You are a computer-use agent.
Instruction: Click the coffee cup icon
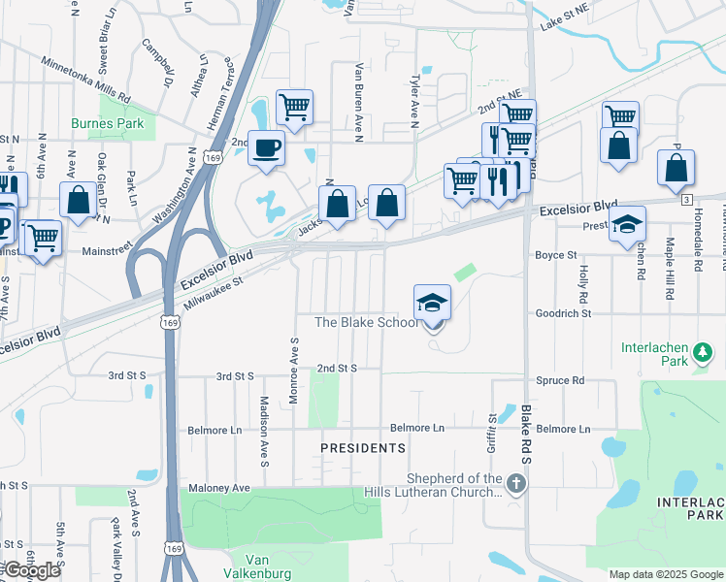pos(266,148)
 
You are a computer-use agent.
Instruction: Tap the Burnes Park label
pos(107,124)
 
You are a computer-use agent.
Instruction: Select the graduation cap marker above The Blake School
pos(432,303)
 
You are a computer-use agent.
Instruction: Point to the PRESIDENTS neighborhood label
pos(364,448)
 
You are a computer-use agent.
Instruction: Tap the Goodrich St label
pos(563,314)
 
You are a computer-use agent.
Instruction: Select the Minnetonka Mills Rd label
pos(85,80)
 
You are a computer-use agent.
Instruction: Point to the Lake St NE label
pos(565,20)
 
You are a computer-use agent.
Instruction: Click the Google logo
pos(32,570)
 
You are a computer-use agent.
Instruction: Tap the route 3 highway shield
pos(686,199)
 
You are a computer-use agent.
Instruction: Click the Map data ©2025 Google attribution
pos(666,574)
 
